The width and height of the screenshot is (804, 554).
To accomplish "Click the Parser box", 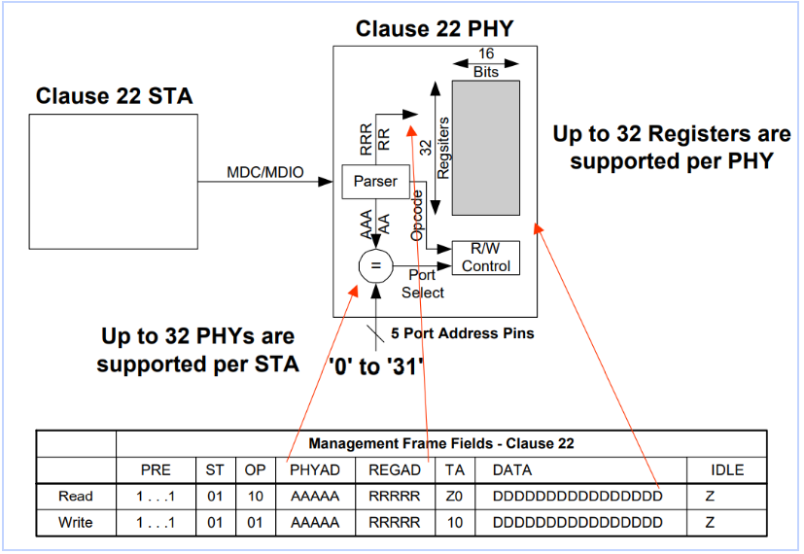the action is pyautogui.click(x=376, y=182).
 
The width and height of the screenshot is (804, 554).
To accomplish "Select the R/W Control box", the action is pyautogui.click(x=485, y=258).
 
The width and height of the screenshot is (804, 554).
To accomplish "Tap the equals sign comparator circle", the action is pyautogui.click(x=376, y=265).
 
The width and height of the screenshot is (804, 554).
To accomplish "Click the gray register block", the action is pyautogui.click(x=485, y=148).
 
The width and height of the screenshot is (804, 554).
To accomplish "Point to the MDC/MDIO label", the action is pyautogui.click(x=265, y=172).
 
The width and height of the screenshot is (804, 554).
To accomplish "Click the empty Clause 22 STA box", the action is pyautogui.click(x=114, y=182).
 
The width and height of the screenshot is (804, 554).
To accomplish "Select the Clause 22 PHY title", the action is pyautogui.click(x=435, y=29).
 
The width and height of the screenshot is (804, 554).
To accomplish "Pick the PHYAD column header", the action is pyautogui.click(x=315, y=470).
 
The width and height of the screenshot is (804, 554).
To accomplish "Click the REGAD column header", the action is pyautogui.click(x=395, y=470).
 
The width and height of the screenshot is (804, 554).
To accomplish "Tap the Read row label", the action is pyautogui.click(x=76, y=496).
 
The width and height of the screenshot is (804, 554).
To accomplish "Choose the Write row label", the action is pyautogui.click(x=76, y=522).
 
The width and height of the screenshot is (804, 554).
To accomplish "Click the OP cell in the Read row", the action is pyautogui.click(x=256, y=496).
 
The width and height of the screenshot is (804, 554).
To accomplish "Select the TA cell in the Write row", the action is pyautogui.click(x=455, y=522).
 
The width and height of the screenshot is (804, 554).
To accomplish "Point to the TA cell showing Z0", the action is pyautogui.click(x=454, y=496).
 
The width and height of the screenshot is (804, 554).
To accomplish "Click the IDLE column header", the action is pyautogui.click(x=727, y=470).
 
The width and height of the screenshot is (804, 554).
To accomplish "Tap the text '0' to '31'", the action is pyautogui.click(x=376, y=366).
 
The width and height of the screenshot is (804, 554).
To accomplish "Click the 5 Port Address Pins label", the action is pyautogui.click(x=463, y=333).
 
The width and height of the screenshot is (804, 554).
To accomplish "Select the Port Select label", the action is pyautogui.click(x=423, y=284).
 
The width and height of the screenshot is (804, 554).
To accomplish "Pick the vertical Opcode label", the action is pyautogui.click(x=417, y=215).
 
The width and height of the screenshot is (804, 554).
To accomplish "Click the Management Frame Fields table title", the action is pyautogui.click(x=441, y=443).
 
